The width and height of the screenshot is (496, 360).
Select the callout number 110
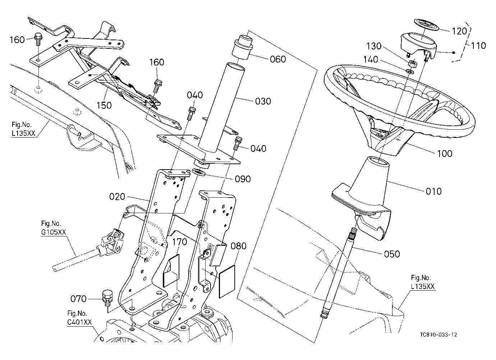[x=478, y=46]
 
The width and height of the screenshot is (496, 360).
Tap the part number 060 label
[x=278, y=59]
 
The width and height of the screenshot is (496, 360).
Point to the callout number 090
[x=243, y=179]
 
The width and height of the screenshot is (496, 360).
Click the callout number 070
[x=78, y=299]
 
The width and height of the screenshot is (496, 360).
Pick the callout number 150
[x=104, y=105]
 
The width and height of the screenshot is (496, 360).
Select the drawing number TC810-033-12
[x=438, y=334]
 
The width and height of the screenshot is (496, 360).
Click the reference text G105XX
[x=54, y=232]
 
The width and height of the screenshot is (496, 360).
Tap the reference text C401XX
[x=79, y=322]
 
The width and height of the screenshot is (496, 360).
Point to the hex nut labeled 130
[x=413, y=64]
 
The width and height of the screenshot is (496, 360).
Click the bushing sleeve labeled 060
[x=243, y=47]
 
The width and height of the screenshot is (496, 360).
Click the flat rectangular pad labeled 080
[x=227, y=281]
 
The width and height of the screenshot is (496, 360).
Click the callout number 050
[x=392, y=254]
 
